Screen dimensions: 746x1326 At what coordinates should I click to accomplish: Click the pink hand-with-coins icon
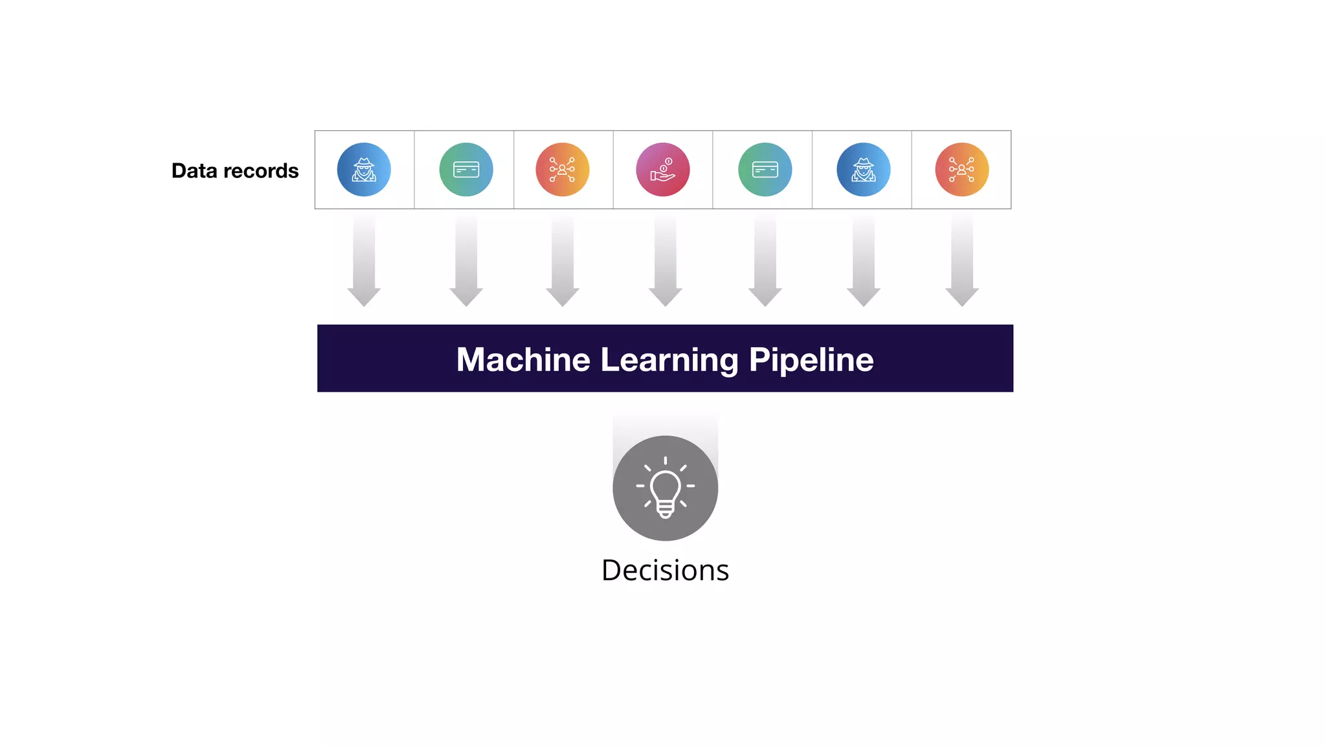(663, 170)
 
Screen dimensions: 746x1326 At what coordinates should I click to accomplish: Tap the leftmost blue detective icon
(364, 170)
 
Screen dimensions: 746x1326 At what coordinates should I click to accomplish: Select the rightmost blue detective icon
(863, 170)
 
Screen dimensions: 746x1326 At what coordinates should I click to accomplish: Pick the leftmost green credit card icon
(466, 170)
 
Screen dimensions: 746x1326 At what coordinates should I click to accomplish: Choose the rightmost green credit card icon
(765, 170)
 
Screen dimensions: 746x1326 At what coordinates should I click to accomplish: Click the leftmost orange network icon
(562, 170)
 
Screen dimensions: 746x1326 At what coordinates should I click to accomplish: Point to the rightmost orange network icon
(961, 170)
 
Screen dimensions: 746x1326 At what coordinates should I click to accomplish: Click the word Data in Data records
(194, 171)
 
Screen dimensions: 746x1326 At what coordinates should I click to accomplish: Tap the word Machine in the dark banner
(523, 359)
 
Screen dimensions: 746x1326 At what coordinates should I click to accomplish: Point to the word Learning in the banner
(669, 361)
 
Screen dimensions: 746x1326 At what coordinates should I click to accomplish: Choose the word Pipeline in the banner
(811, 360)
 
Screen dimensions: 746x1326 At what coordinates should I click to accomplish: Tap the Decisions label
(665, 571)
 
